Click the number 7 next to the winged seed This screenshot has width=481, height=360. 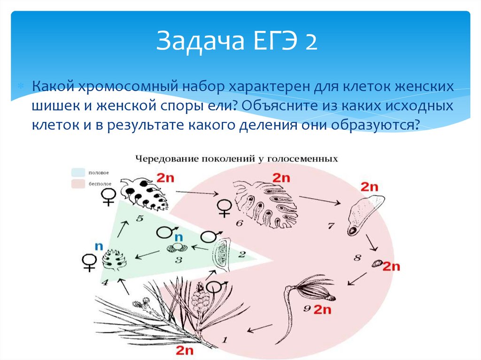click(x=331, y=226)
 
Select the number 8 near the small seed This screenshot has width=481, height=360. click(x=357, y=258)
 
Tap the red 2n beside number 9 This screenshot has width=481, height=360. click(x=323, y=309)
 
